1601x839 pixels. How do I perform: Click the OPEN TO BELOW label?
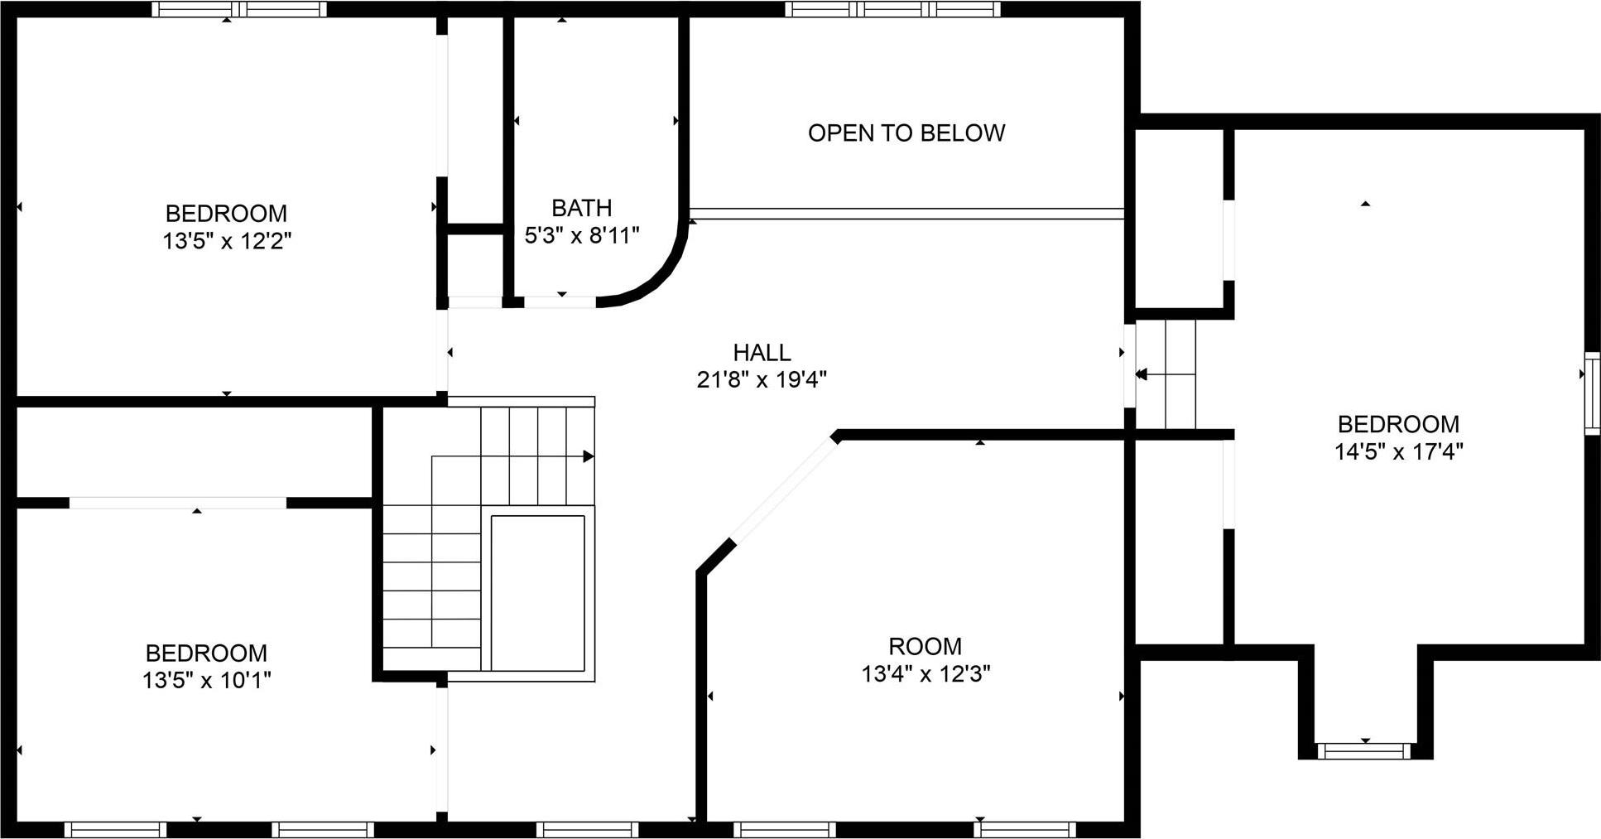click(906, 133)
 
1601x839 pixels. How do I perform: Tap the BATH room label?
click(581, 207)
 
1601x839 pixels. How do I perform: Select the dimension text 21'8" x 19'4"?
click(762, 380)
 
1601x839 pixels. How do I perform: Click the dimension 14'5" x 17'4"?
click(1398, 452)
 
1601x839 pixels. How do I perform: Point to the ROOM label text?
click(925, 646)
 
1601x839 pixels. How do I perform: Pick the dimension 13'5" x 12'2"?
click(227, 242)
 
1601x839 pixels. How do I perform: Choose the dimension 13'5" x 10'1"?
click(206, 681)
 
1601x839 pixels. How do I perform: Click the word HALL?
click(762, 353)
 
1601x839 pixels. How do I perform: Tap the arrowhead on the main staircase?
click(589, 456)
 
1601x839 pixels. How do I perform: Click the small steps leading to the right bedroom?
click(1166, 374)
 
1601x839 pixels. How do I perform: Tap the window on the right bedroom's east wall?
click(1592, 393)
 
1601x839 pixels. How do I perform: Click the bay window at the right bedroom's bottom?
click(1363, 751)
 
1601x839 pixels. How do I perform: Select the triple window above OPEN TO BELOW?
click(892, 10)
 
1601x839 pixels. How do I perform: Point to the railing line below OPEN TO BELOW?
click(906, 214)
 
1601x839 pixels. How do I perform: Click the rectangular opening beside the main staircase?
click(538, 593)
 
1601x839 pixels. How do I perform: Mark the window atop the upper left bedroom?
click(239, 10)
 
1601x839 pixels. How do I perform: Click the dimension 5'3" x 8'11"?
click(582, 236)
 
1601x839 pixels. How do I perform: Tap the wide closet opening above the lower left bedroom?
click(177, 503)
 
